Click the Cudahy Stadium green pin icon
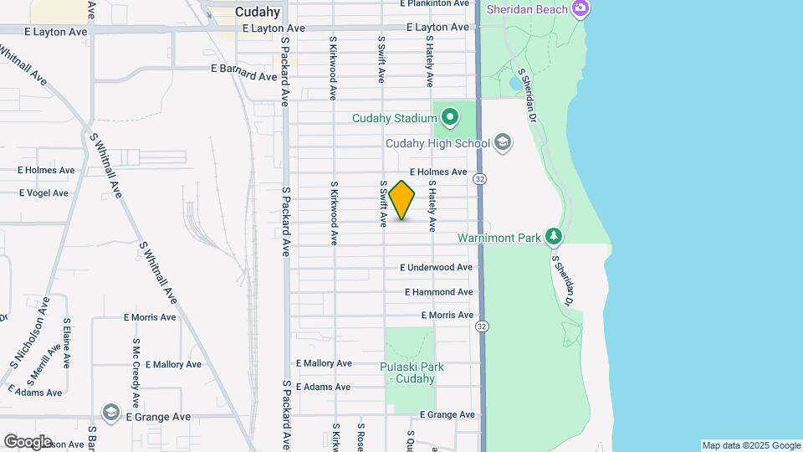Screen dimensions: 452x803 pos(450,117)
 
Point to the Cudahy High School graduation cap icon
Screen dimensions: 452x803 pos(502,142)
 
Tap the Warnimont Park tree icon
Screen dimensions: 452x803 pos(553,237)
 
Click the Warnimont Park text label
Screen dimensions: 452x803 pos(499,238)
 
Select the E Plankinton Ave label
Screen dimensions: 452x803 pos(434,3)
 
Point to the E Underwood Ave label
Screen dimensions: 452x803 pos(437,268)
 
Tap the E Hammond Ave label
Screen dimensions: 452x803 pos(438,292)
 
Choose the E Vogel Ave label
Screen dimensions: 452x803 pos(43,193)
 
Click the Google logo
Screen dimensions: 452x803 pos(28,441)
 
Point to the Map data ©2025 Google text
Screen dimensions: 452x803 pos(750,445)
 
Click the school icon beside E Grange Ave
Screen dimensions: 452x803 pos(110,413)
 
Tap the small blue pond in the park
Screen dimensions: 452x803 pos(513,84)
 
